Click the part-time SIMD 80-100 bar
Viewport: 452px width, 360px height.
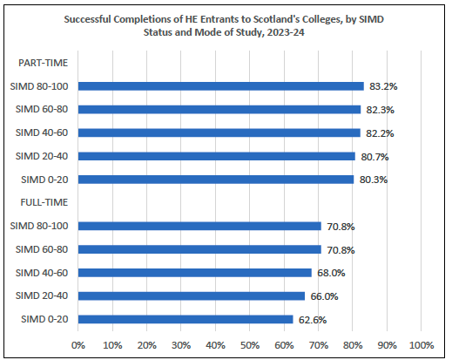(x=220, y=86)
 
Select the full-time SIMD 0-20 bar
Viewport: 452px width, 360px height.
(x=185, y=319)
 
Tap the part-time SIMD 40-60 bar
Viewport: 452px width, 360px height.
(x=219, y=132)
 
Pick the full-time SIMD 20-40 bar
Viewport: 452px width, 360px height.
(x=191, y=296)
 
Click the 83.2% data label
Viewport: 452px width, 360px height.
(x=384, y=86)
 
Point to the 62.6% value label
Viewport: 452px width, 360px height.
(x=314, y=320)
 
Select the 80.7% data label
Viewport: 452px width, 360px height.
(x=375, y=156)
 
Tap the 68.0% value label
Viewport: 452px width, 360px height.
(x=332, y=273)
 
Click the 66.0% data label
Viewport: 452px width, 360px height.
(x=325, y=296)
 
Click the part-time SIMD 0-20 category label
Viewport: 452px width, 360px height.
(x=44, y=180)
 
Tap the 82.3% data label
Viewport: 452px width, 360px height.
(x=381, y=110)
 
